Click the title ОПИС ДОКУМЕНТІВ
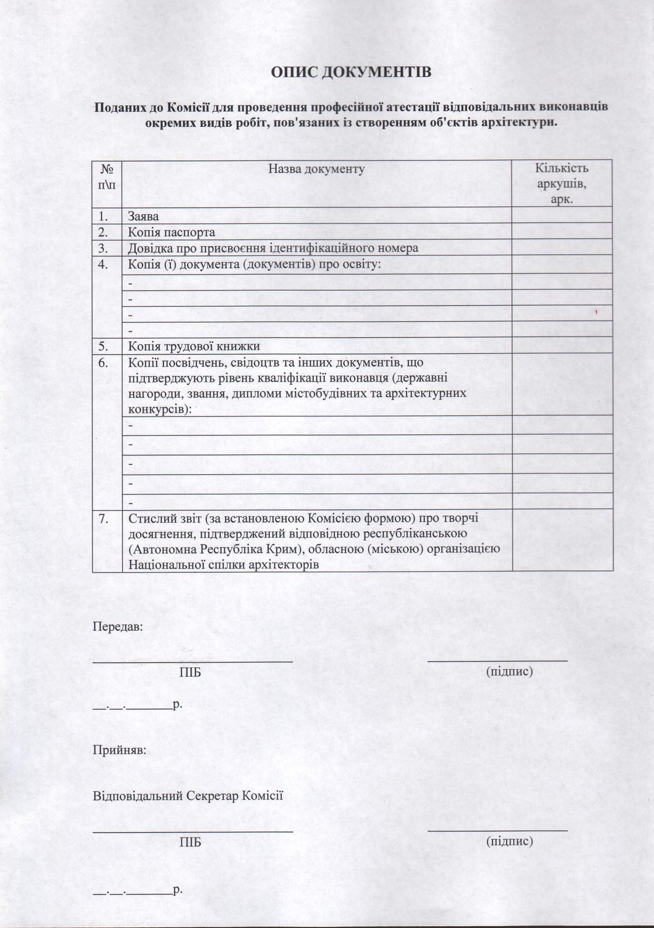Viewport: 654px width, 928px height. point(351,72)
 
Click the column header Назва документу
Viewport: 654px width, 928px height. point(317,169)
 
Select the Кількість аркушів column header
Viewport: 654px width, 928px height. point(562,184)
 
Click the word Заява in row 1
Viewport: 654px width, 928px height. point(143,217)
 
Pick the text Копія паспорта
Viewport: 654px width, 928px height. point(172,232)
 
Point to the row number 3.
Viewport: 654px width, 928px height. point(103,248)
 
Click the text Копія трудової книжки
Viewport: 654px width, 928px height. point(194,346)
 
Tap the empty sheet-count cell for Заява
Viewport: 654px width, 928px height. point(562,215)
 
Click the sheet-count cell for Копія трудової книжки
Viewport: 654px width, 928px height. point(562,345)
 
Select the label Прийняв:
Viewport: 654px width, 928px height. point(120,750)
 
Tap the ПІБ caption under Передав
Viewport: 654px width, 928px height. point(190,672)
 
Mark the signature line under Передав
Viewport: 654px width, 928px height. point(497,661)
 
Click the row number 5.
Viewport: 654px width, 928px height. point(103,346)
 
